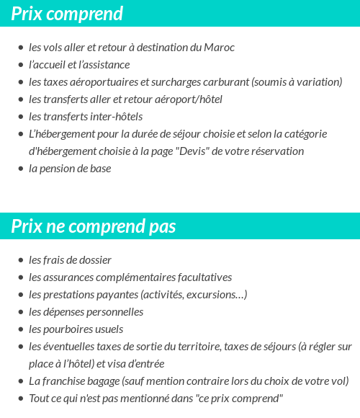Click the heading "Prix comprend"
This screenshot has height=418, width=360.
[67, 14]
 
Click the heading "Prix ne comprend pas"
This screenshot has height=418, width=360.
[94, 226]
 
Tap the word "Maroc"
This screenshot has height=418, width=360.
[219, 48]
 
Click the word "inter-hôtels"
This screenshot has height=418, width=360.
[115, 117]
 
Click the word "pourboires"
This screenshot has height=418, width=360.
[69, 329]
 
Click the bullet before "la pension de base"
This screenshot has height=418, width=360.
[21, 169]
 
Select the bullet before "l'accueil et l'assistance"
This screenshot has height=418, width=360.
[21, 66]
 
